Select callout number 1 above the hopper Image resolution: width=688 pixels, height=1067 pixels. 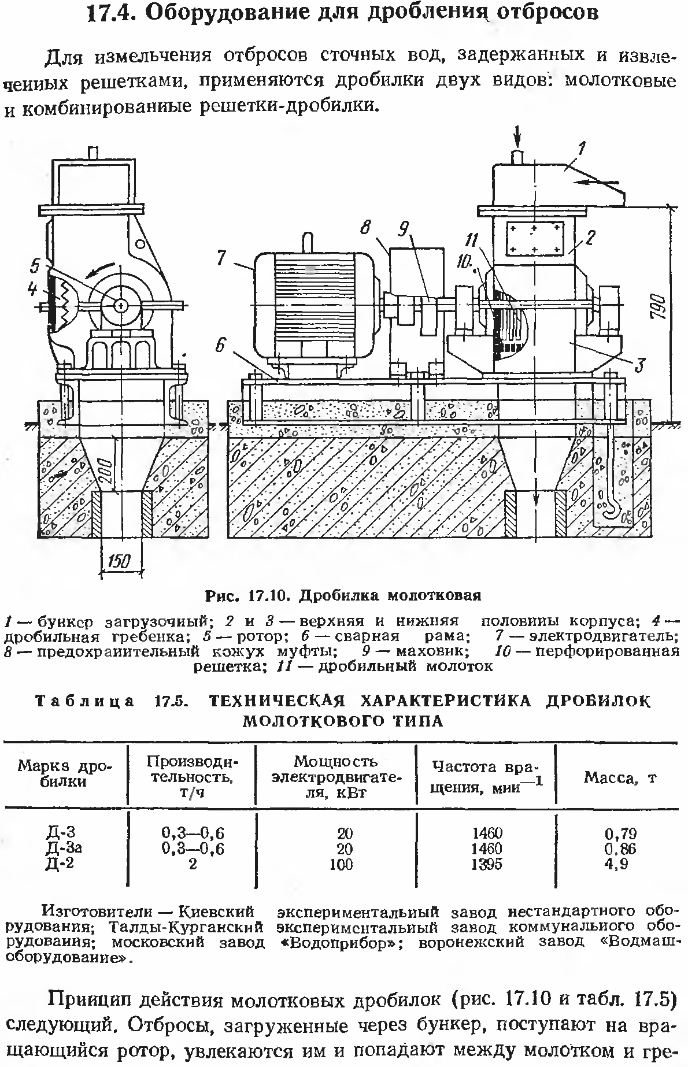coord(583,149)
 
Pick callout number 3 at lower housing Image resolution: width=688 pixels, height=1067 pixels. coord(639,365)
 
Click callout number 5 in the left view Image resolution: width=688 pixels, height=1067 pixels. coord(36,266)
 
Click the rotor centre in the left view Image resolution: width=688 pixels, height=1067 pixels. coord(120,305)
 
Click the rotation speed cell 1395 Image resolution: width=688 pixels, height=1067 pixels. coord(486,865)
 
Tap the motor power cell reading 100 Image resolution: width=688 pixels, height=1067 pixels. coord(345,865)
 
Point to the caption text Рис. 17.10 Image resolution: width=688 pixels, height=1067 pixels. coord(250,595)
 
